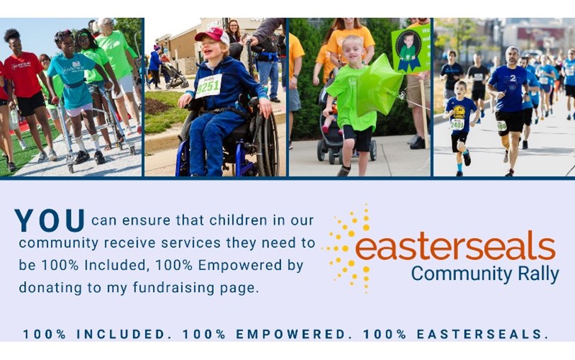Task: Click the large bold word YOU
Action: click(50, 220)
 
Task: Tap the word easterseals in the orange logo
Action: click(455, 248)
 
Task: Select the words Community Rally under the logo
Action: click(485, 274)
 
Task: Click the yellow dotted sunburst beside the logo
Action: click(348, 247)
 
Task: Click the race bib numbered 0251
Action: click(209, 86)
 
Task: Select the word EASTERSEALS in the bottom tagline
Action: click(482, 334)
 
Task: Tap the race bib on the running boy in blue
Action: click(457, 123)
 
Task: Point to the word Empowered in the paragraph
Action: click(231, 266)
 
